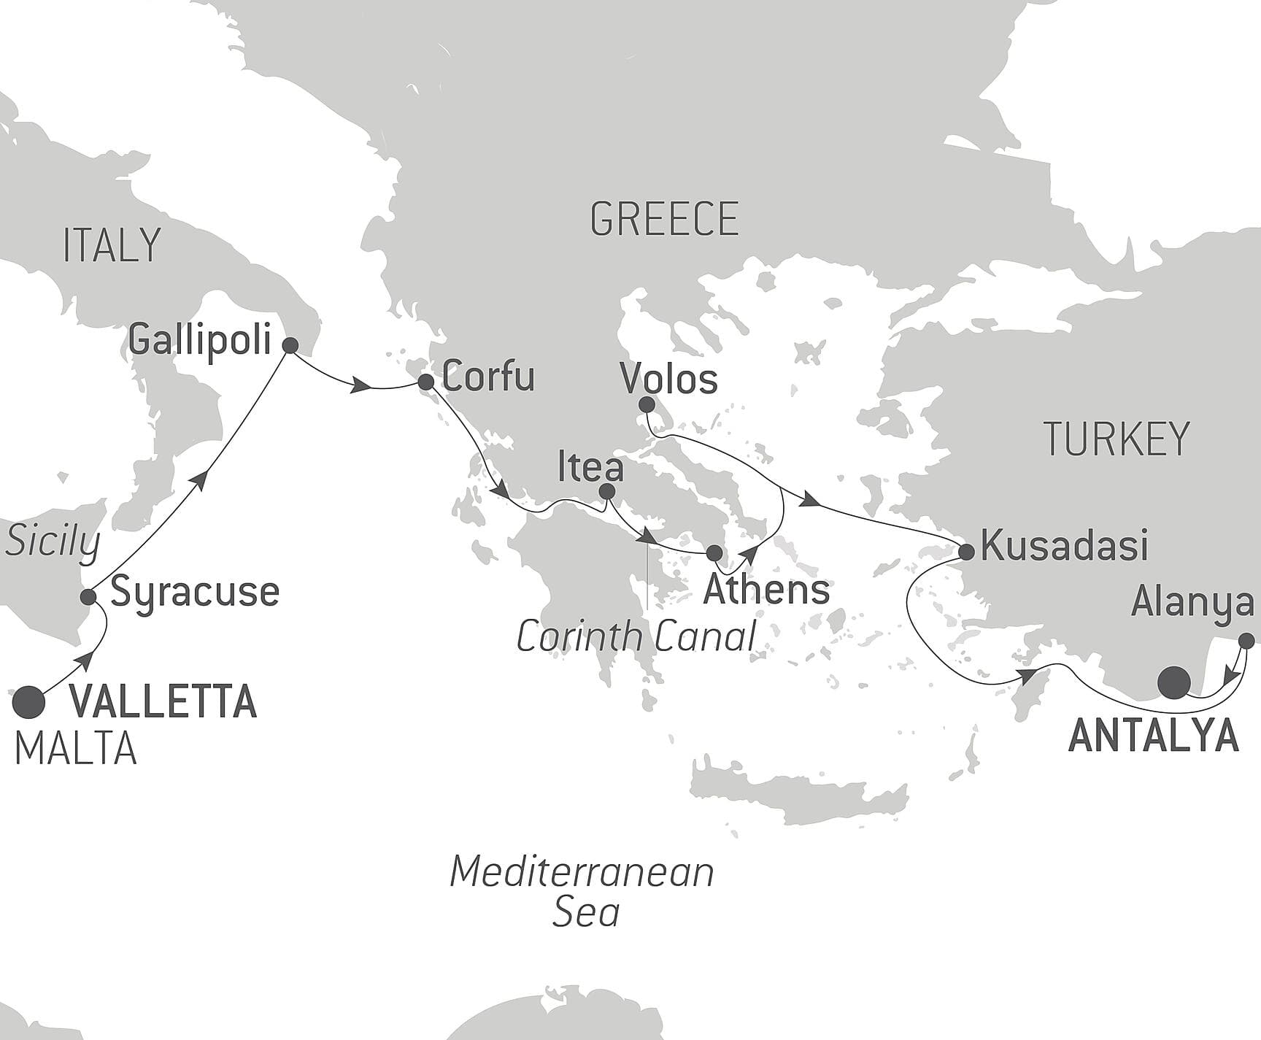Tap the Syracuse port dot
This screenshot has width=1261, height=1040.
(88, 597)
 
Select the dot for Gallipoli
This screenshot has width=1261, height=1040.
(290, 346)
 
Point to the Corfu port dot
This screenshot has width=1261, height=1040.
(426, 382)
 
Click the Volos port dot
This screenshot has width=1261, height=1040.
(646, 404)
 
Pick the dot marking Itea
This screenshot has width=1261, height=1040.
(606, 493)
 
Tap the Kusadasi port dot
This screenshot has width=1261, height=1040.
(966, 551)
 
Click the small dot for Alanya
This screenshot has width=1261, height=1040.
(1247, 641)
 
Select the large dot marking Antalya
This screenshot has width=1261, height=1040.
(1174, 683)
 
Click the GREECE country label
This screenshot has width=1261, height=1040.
(664, 219)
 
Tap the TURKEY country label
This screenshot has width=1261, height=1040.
(1117, 439)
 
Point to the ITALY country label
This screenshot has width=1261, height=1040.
(112, 245)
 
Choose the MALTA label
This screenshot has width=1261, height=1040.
(76, 749)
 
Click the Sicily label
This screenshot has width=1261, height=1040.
(53, 543)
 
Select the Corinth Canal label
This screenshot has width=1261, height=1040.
(636, 637)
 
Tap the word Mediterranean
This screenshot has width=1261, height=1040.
(582, 872)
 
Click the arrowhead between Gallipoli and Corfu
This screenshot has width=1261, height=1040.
(358, 386)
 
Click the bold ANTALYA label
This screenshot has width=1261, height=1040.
(1154, 736)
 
